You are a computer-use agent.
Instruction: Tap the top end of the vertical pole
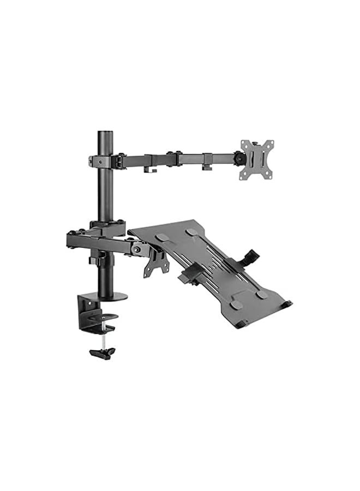104,134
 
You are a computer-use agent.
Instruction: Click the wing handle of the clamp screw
103,352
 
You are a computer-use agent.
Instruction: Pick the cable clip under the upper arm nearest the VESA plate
207,166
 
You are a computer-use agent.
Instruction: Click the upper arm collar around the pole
104,161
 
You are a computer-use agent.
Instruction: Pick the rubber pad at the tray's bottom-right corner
262,295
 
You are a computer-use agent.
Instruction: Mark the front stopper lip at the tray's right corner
286,303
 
